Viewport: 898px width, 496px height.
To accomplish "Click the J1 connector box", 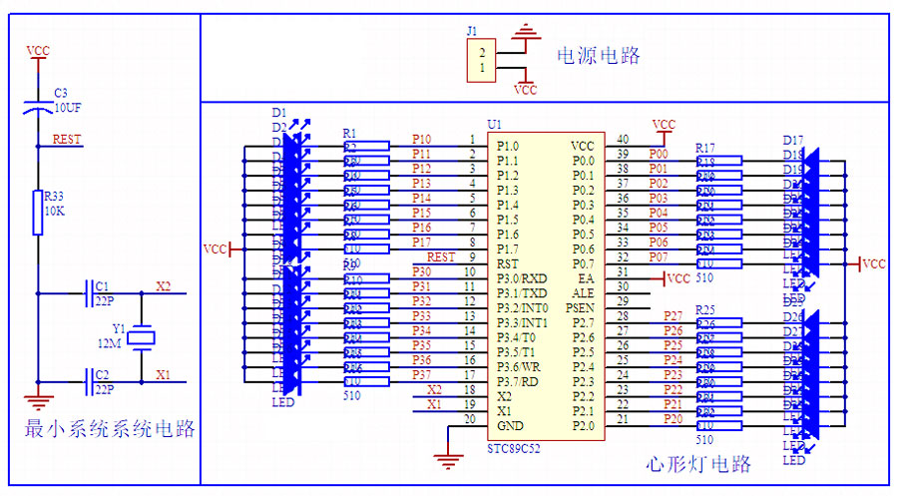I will click(x=482, y=61).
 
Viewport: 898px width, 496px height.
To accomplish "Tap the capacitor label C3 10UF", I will click(x=67, y=100).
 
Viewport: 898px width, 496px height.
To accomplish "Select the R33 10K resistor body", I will click(x=38, y=213).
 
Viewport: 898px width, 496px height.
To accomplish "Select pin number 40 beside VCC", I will click(x=623, y=140).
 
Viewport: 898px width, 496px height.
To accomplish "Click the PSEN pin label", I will click(x=580, y=308).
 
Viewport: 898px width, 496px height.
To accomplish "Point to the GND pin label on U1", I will click(x=509, y=425).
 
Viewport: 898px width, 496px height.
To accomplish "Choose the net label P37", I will click(x=422, y=374).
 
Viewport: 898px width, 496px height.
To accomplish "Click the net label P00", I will click(x=659, y=155).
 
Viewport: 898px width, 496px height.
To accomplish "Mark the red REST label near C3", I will click(x=67, y=140).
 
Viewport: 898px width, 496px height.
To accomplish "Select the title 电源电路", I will click(x=598, y=55).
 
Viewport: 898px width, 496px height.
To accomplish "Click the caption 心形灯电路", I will click(x=698, y=463).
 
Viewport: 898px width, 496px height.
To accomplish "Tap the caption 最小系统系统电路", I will click(x=110, y=430).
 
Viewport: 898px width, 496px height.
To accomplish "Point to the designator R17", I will click(x=704, y=148).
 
